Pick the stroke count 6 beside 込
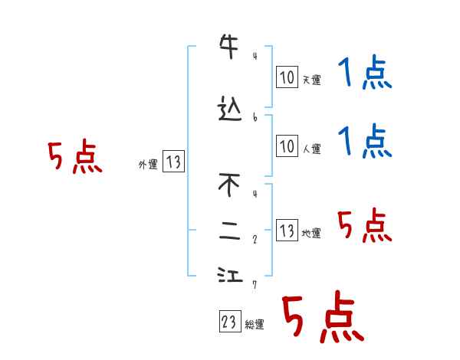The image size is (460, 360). point(255,117)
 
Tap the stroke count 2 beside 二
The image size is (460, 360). point(255,238)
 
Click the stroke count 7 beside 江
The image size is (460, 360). point(255,284)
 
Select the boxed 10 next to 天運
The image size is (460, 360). point(287,77)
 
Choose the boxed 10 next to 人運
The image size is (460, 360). point(287,146)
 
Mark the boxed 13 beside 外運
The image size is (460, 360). point(173,162)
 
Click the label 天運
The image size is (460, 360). point(311,80)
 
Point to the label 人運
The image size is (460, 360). point(311,149)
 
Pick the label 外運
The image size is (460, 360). point(148,164)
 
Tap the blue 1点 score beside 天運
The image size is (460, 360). point(365,74)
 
